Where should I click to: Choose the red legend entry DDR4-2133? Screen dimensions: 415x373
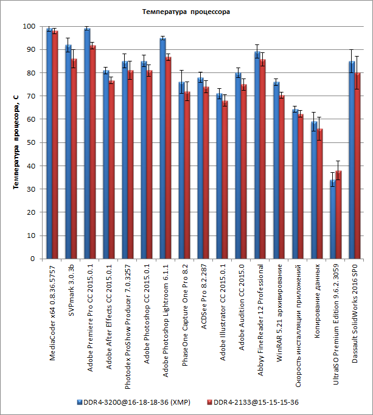pos(255,402)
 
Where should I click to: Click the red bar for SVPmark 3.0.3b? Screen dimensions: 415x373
pos(74,159)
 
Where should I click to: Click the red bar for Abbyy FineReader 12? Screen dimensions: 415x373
pos(263,159)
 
